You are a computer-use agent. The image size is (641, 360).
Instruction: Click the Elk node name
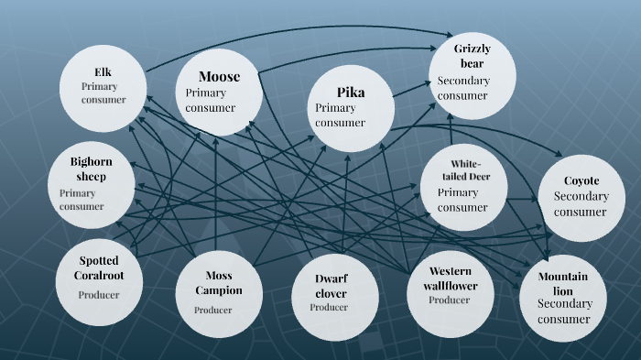point(103,71)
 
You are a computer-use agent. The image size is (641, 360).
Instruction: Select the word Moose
point(220,76)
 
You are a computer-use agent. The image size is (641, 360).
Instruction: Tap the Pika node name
point(351,92)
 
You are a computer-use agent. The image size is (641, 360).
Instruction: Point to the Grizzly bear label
point(473,55)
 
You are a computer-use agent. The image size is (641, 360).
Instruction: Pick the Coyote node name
point(581,180)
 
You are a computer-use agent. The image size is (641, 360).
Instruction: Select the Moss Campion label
point(218,283)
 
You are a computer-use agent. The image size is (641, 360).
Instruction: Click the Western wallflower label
point(453,278)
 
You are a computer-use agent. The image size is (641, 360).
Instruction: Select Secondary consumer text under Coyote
point(581,204)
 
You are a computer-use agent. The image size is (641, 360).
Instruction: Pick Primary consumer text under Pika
point(340,115)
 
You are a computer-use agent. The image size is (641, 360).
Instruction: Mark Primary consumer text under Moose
point(210,100)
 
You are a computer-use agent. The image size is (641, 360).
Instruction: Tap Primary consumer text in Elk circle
point(103,93)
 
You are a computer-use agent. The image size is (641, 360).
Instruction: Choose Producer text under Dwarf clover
point(329,308)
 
